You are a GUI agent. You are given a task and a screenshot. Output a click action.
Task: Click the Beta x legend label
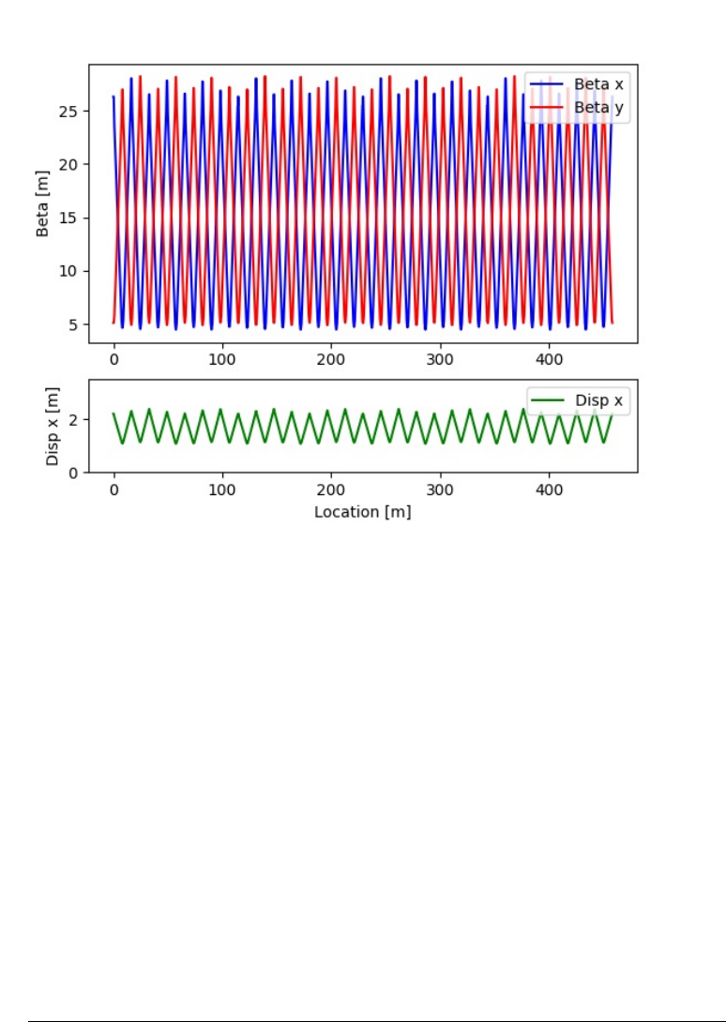(x=597, y=84)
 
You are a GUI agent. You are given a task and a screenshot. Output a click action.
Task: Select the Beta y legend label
(x=597, y=109)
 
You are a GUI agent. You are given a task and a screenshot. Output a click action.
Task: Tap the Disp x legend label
(x=598, y=401)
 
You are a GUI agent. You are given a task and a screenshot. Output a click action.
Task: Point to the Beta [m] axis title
(x=43, y=203)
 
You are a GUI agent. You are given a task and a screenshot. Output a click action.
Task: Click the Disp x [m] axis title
(x=54, y=427)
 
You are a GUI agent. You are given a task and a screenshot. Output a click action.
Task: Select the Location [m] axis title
(x=362, y=512)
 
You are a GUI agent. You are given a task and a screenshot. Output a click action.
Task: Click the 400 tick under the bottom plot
(x=549, y=489)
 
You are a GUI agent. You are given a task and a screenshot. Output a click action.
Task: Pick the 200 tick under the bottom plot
(x=331, y=489)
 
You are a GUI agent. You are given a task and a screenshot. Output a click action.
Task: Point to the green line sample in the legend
(x=549, y=401)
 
